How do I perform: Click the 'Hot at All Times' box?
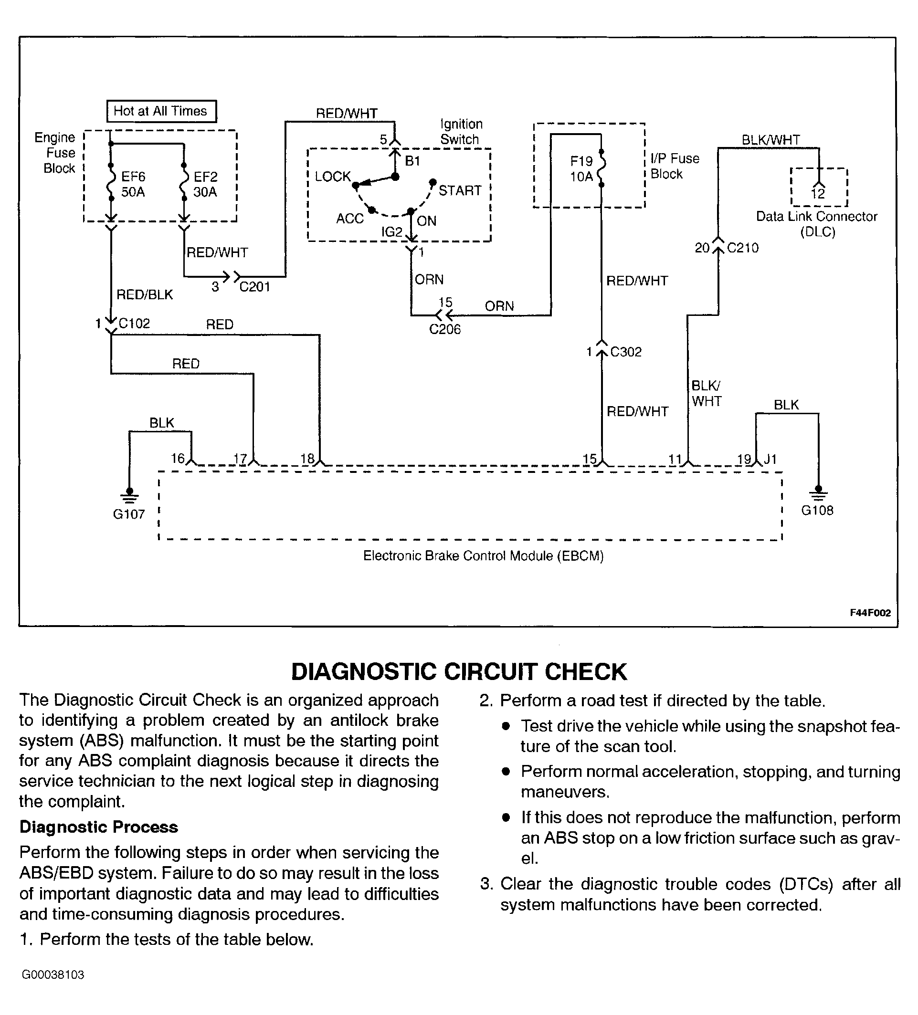point(161,111)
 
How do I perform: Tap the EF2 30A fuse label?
point(205,184)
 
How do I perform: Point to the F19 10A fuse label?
point(581,168)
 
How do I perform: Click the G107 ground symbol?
point(129,496)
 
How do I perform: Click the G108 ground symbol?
point(818,493)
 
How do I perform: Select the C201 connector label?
point(255,287)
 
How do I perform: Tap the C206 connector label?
point(444,329)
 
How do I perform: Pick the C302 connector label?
point(626,352)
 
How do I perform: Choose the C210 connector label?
point(743,248)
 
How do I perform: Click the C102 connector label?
point(134,323)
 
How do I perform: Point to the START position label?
point(460,190)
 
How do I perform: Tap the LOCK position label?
point(333,177)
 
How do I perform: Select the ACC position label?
point(350,219)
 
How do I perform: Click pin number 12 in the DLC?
point(818,194)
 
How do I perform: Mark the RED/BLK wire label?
point(145,294)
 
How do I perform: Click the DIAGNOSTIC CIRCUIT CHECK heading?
point(459,671)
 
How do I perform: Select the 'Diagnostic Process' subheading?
point(99,827)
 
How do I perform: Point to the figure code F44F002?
point(871,613)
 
